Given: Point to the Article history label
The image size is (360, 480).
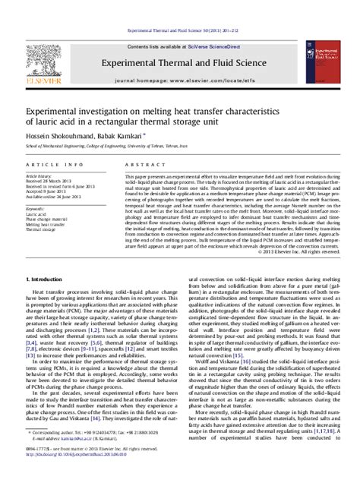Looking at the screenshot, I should tap(40, 175).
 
